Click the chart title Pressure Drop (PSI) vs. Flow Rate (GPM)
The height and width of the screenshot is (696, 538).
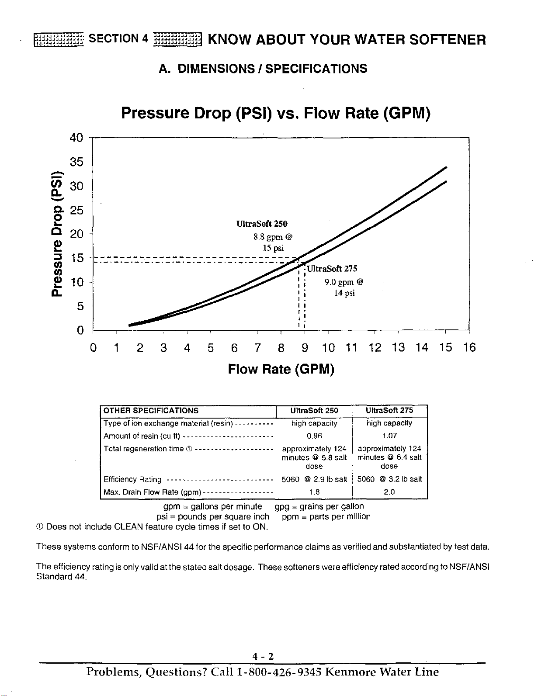pos(276,114)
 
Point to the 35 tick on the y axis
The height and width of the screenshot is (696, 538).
pos(76,162)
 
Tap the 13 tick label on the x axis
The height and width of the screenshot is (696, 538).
pos(399,347)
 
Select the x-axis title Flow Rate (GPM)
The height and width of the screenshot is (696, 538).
pos(281,369)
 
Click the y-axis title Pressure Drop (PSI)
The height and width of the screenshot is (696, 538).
pos(57,233)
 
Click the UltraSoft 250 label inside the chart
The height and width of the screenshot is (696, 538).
pos(262,224)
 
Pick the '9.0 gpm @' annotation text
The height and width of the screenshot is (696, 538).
pos(344,282)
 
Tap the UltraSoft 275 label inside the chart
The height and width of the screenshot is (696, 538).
pos(332,268)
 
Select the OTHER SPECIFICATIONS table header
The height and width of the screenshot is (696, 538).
pos(151,411)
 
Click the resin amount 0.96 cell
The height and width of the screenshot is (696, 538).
pos(314,436)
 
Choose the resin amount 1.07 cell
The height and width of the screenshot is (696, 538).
pos(389,436)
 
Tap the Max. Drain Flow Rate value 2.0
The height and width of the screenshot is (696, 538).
pos(389,492)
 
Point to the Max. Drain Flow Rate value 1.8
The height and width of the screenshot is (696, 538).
pos(314,492)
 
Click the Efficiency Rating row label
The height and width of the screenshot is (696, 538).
pos(132,479)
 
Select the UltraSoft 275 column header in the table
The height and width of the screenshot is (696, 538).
pos(389,410)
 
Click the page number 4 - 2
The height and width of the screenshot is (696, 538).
pos(263,656)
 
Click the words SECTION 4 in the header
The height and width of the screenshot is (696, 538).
pos(118,39)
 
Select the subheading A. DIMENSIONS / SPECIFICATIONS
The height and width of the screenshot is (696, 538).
pos(263,69)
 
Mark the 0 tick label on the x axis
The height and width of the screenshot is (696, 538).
pos(93,347)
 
